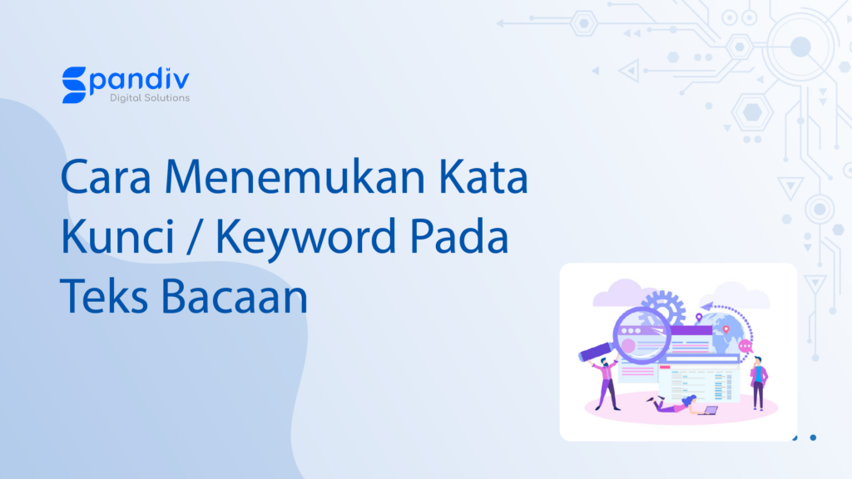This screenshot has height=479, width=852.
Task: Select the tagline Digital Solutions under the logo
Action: point(150,98)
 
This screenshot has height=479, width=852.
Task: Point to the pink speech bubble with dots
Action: point(745,346)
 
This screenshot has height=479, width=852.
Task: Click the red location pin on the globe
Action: point(726,330)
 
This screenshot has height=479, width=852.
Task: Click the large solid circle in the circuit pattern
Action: point(800,47)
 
